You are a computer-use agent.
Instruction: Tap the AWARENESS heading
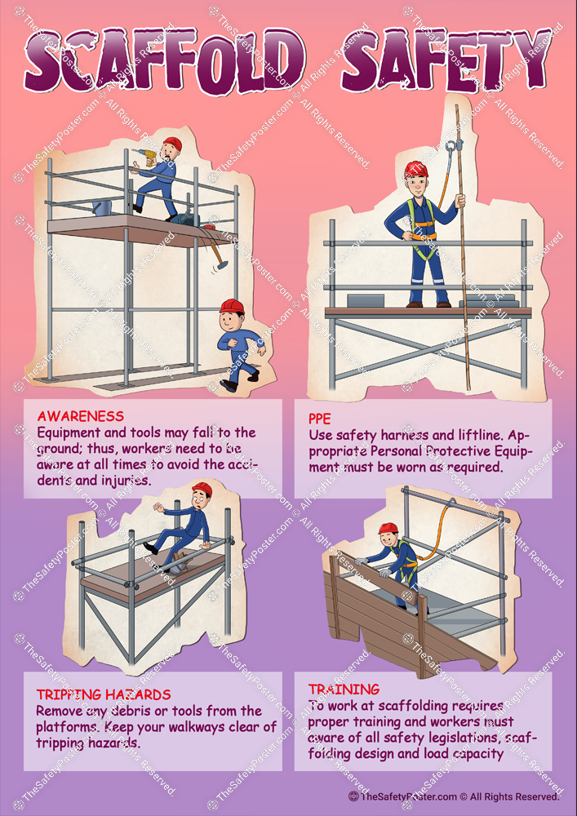pos(81,416)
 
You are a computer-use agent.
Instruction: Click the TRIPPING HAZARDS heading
pos(104,694)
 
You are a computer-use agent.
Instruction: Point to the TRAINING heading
pos(344,690)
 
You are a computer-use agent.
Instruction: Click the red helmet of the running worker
pos(233,306)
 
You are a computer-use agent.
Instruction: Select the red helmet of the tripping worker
pos(201,489)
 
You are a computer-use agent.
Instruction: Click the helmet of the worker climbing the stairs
pos(388,529)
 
